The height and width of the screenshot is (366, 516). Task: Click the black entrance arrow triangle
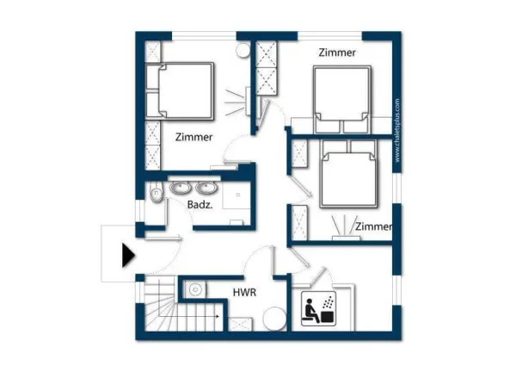128,255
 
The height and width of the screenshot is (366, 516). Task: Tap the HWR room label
244,293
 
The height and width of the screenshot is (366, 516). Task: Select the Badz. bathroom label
200,205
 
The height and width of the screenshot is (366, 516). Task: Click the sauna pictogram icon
318,308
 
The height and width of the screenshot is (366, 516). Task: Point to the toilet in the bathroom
156,193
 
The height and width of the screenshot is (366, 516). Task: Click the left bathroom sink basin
180,188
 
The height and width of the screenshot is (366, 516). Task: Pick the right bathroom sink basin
206,188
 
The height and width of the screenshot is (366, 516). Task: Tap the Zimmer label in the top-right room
337,53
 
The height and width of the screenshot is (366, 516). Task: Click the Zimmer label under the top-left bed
193,137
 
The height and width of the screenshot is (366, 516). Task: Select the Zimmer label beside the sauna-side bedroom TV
374,226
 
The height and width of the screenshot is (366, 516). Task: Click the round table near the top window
243,50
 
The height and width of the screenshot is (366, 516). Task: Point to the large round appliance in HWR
274,319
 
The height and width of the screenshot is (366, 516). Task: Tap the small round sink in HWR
195,289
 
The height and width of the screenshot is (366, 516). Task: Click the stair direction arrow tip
218,316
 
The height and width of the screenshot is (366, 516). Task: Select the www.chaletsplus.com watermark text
397,130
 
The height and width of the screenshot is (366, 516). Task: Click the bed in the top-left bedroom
180,91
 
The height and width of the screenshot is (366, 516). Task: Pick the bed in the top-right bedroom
342,100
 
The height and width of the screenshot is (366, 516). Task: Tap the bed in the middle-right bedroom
348,174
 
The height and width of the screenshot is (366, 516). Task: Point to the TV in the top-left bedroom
248,101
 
